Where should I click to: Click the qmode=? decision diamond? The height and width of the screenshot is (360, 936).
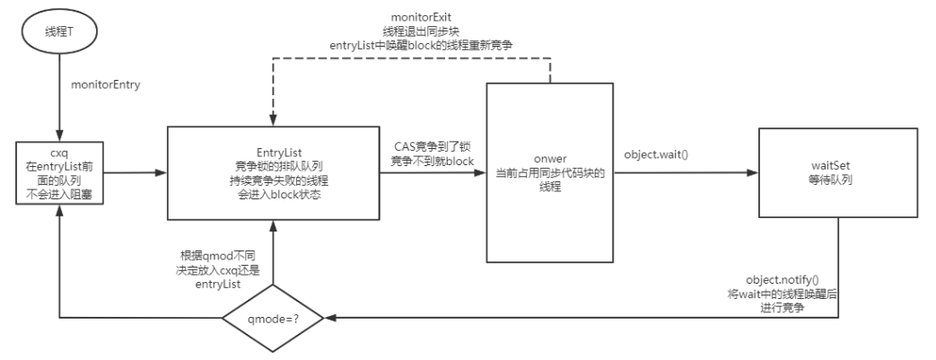[273, 317]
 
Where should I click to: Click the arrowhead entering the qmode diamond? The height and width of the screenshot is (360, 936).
[334, 317]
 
